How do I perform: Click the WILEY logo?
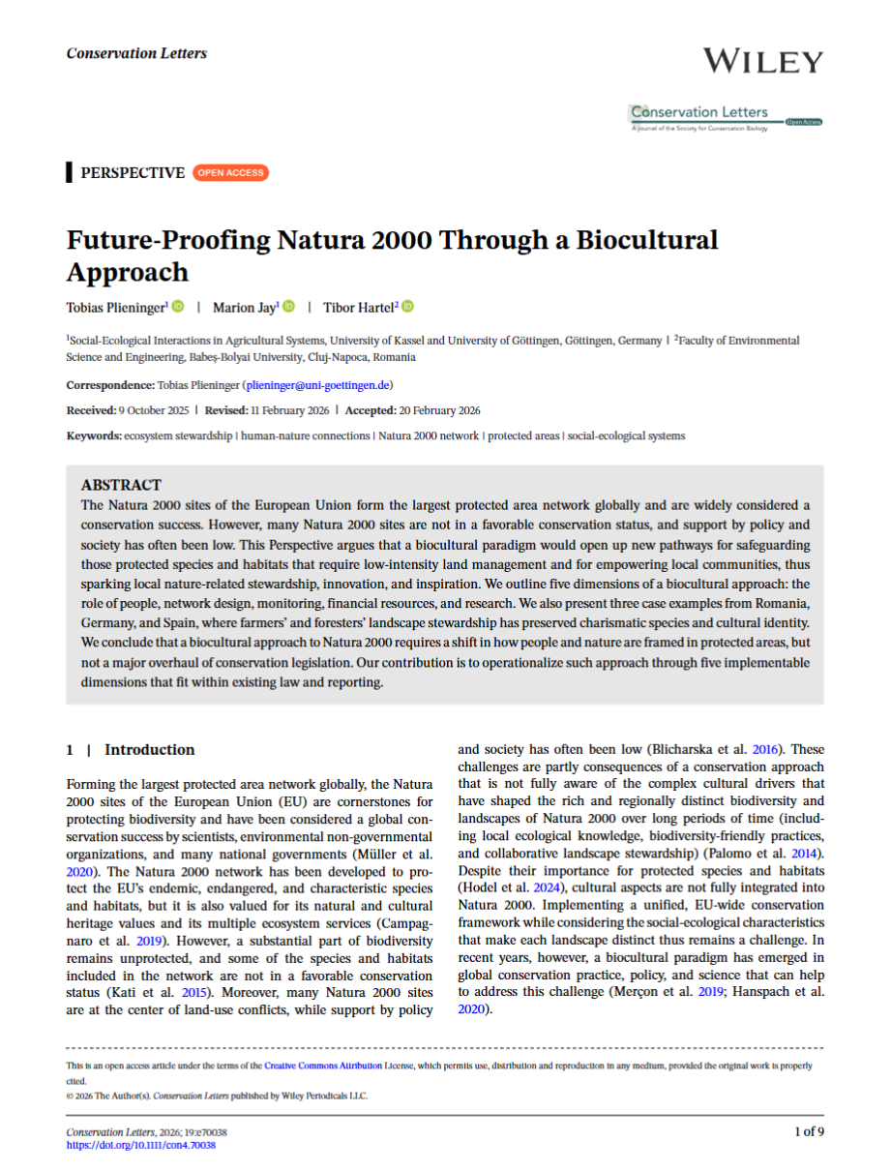tap(762, 60)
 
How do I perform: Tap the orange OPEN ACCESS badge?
tap(230, 173)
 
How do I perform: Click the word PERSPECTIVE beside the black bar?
tap(133, 173)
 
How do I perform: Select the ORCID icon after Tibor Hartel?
tap(407, 307)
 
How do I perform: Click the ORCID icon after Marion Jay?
tap(288, 307)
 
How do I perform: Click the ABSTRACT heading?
tap(121, 485)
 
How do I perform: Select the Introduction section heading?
tap(149, 750)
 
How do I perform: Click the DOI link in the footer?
tap(140, 1145)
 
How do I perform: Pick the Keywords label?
tap(94, 436)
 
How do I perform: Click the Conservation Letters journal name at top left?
tap(136, 53)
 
